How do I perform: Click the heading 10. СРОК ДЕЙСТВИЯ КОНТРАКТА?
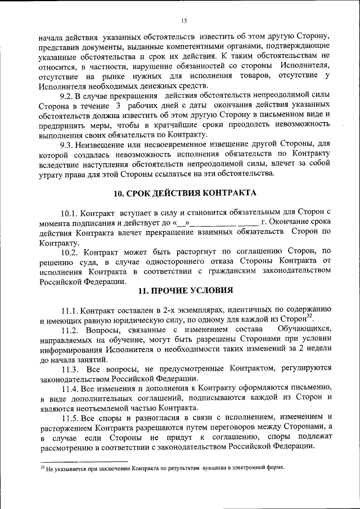(x=184, y=193)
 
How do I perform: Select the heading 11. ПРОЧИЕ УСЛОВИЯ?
(x=184, y=290)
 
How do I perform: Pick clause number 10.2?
(x=71, y=251)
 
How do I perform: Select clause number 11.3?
(x=71, y=369)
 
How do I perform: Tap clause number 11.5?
(x=71, y=417)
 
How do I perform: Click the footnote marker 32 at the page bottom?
(x=42, y=466)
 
